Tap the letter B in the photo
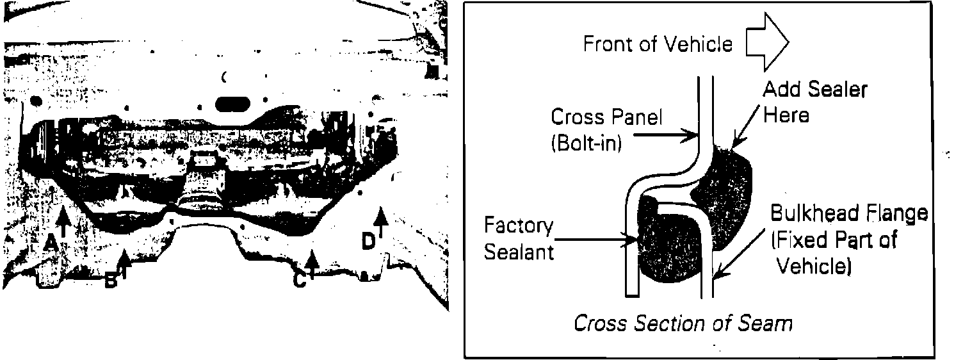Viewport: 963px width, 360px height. pos(111,280)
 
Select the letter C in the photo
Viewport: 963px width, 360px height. pos(299,280)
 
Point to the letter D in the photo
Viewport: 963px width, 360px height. pos(368,241)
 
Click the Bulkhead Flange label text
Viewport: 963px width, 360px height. pos(848,213)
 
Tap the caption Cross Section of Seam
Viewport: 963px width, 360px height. pos(683,323)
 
